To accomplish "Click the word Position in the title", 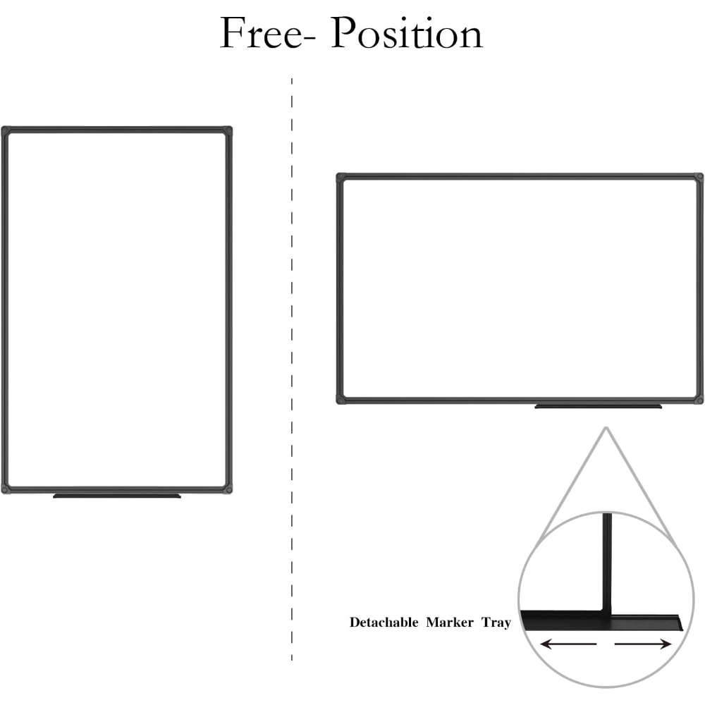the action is click(x=407, y=32).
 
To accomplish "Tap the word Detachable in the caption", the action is click(x=384, y=623).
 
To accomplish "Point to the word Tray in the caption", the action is click(x=496, y=623).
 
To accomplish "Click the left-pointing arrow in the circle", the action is click(x=568, y=644).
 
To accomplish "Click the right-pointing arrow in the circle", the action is click(x=643, y=644).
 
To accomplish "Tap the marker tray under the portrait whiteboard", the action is click(x=117, y=496).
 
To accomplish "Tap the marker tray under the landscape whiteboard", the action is click(x=598, y=407).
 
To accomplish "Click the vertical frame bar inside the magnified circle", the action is click(x=607, y=562).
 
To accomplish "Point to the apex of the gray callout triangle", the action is click(x=606, y=427).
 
